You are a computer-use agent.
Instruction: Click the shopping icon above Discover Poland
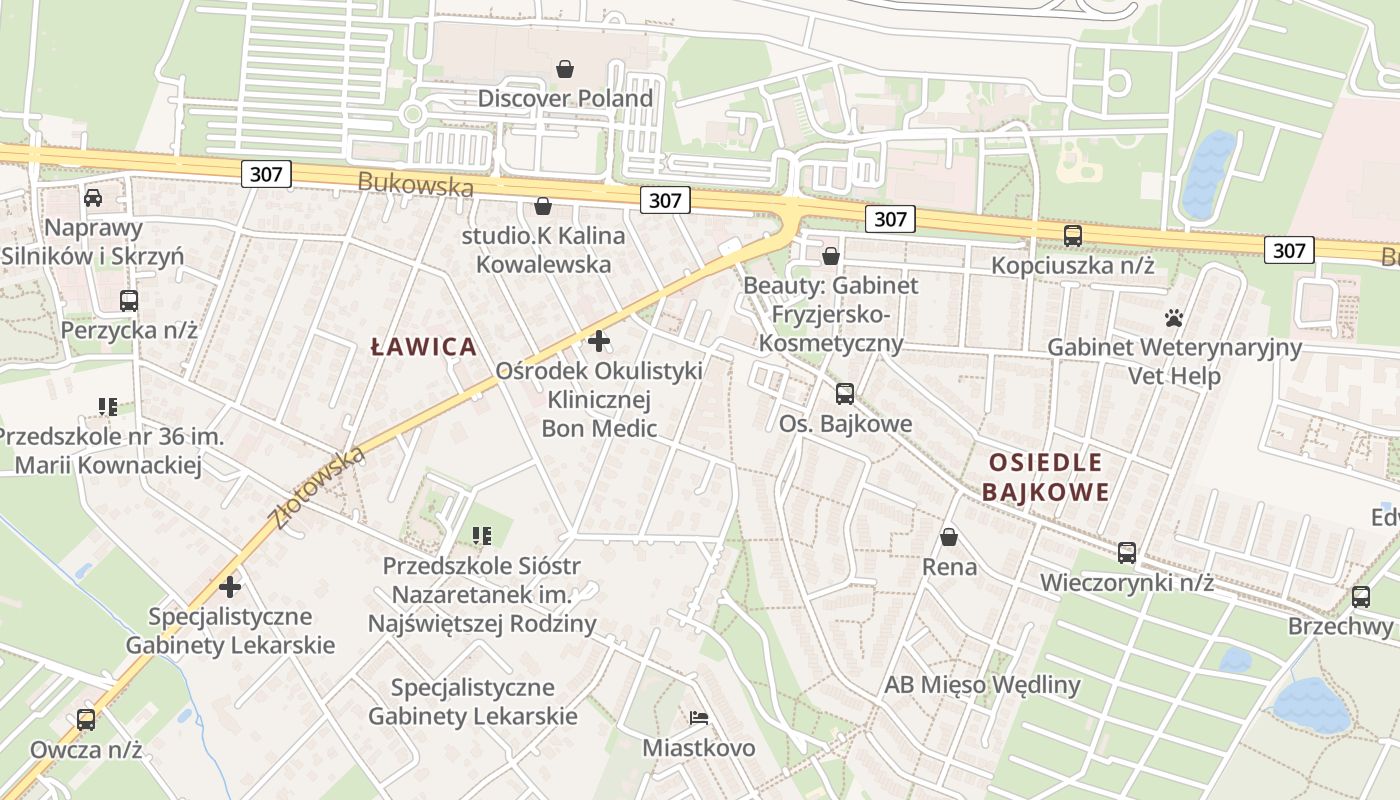565,69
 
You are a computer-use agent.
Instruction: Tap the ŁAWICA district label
424,347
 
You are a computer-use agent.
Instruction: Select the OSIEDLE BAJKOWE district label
1045,477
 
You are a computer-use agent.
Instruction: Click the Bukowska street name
415,184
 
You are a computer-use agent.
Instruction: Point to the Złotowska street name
317,488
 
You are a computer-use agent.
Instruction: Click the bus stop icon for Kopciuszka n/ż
1073,236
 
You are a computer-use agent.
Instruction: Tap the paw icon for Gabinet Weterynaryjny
1174,318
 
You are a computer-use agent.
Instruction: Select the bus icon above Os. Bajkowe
845,394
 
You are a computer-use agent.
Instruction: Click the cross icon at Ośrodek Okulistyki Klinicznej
599,341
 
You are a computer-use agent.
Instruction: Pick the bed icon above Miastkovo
699,718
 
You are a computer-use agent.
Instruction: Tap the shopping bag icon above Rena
949,538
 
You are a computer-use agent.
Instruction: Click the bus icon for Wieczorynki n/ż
1127,553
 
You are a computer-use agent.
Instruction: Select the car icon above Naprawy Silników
93,198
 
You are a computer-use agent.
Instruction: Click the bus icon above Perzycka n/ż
129,300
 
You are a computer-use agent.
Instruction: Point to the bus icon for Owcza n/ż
86,719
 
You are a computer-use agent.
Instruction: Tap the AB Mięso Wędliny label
982,685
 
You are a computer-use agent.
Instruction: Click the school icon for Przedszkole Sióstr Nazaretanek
482,537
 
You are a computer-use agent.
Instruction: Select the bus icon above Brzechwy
1361,597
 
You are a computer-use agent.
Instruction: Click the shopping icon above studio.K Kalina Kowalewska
543,207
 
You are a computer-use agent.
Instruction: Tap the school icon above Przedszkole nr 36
108,407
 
